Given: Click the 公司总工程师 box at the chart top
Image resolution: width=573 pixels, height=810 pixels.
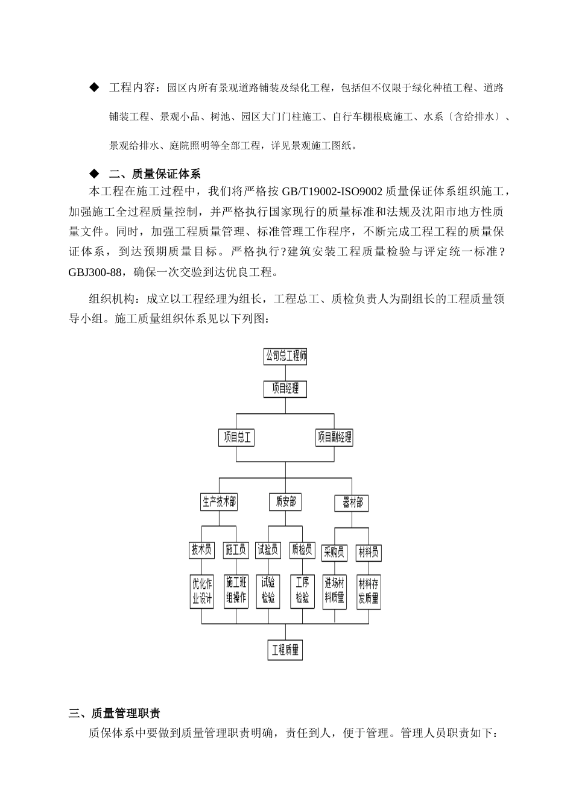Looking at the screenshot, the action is (285, 356).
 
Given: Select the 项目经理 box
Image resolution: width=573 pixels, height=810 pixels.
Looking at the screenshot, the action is (285, 389).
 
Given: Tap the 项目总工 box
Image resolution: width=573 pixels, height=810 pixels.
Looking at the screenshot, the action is (236, 438).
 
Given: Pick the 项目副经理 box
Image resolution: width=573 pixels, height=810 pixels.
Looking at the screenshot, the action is (334, 438).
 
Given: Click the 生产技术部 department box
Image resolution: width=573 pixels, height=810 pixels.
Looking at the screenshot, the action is (218, 501).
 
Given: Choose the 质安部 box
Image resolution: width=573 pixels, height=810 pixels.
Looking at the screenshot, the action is (285, 501).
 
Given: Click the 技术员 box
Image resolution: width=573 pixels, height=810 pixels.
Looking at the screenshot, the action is (201, 550).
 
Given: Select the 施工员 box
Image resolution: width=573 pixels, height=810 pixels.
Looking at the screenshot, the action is (236, 550).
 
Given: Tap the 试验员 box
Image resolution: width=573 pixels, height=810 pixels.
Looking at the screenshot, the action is (268, 550).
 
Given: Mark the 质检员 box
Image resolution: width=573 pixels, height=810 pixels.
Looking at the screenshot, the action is (302, 550).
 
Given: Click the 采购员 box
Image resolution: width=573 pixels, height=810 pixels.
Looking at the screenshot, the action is (334, 552).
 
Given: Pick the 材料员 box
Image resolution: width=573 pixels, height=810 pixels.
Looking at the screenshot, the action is (369, 552).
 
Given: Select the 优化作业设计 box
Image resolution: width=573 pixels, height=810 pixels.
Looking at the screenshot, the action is (201, 591).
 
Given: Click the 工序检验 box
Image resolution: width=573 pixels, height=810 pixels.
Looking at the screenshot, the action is (302, 591).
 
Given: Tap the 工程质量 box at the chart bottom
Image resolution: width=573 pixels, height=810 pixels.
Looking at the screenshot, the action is (285, 650).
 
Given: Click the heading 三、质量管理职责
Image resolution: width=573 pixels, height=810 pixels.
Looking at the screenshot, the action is (115, 714).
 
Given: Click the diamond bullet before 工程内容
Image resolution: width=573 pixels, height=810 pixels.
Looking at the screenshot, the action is (93, 88).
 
